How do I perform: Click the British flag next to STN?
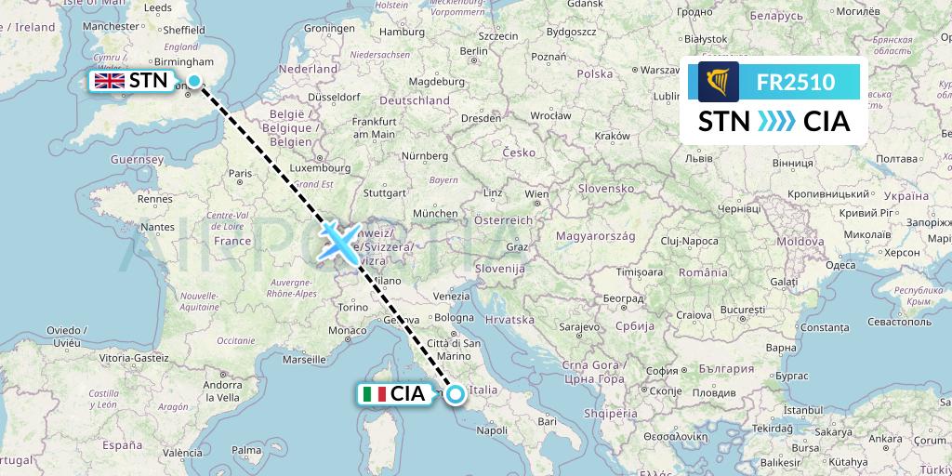coord(110,81)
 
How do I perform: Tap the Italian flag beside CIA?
coord(375,394)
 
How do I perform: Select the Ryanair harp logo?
coord(718,82)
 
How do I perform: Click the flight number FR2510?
coord(796,82)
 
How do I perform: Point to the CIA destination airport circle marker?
coord(456,394)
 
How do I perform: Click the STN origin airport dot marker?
coord(194,81)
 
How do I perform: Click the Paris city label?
coord(243,173)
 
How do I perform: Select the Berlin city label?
coord(474,51)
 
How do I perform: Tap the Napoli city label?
coord(491,431)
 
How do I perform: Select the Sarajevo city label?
coord(577,328)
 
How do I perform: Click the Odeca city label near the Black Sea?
coord(840,265)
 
